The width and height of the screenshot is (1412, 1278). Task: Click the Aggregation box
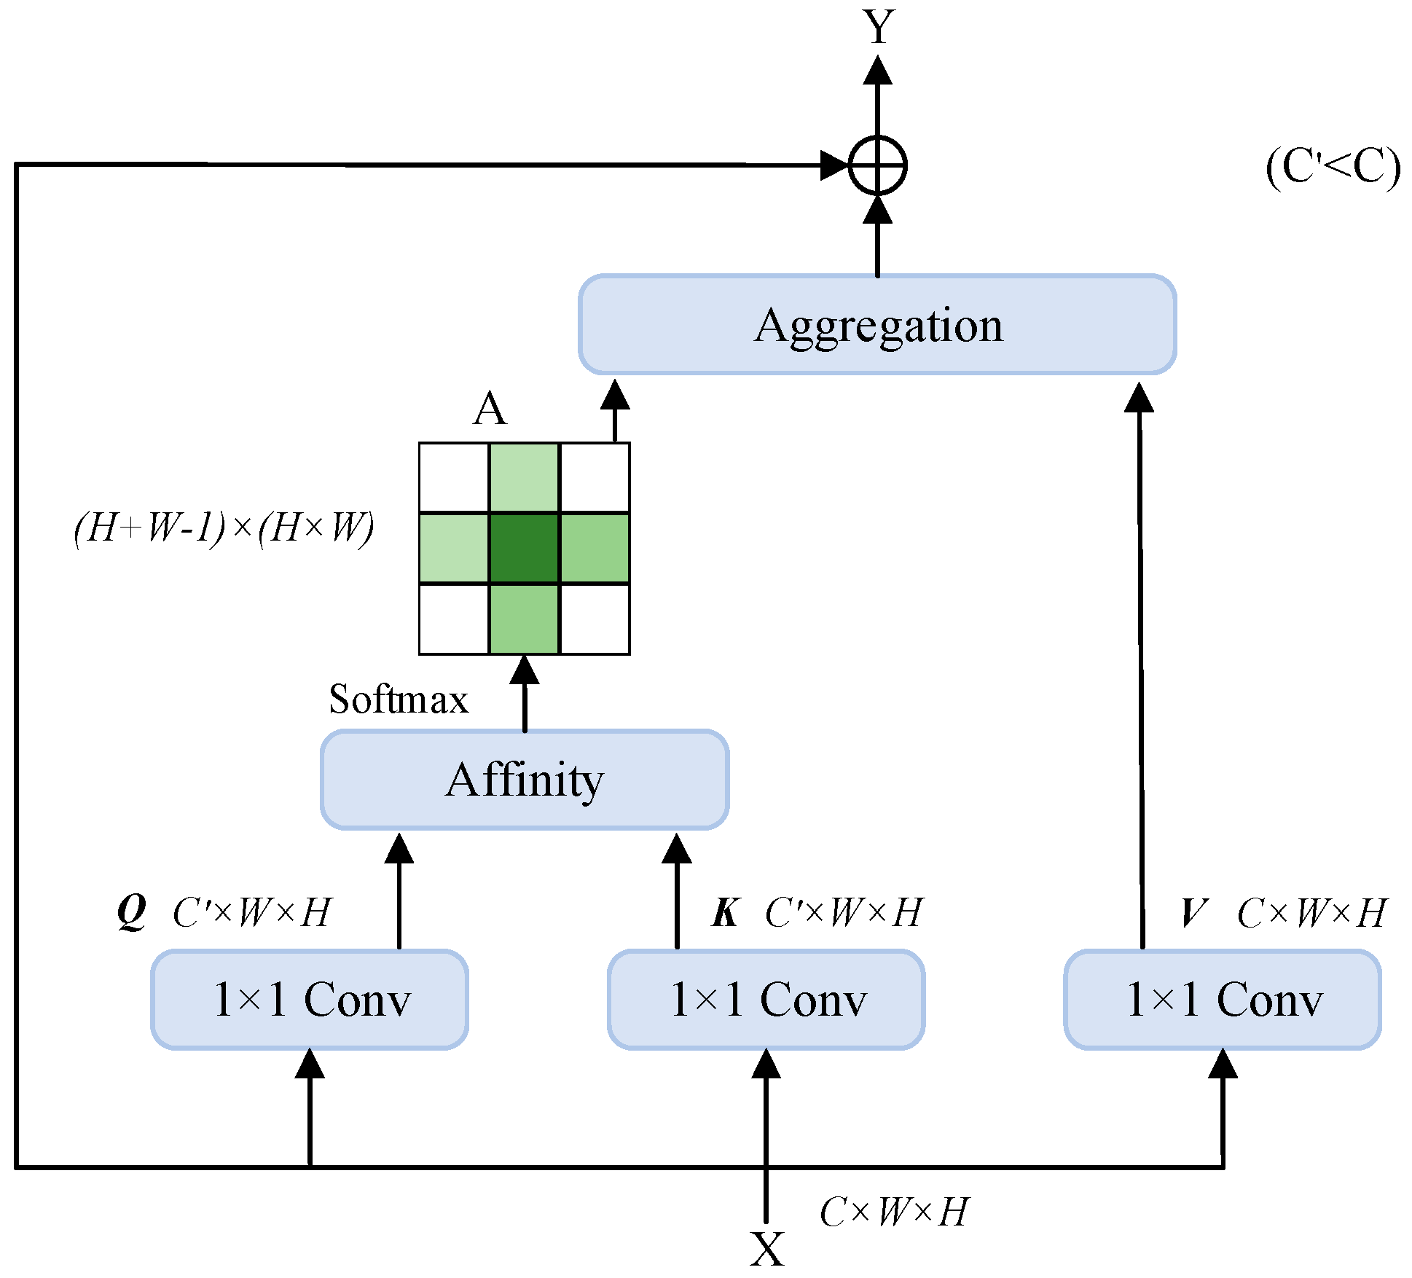click(x=877, y=325)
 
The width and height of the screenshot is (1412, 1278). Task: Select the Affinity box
click(x=525, y=780)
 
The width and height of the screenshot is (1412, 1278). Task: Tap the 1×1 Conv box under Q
click(x=310, y=999)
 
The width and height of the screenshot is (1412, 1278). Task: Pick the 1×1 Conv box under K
click(x=766, y=999)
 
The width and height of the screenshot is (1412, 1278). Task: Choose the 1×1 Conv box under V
click(x=1223, y=999)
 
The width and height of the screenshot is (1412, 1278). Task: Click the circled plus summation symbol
click(x=877, y=165)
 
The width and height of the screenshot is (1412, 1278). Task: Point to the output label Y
click(x=879, y=28)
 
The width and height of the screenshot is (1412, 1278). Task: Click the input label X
click(x=767, y=1249)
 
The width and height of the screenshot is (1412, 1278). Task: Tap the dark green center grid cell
click(x=524, y=548)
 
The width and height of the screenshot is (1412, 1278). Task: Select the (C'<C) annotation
click(x=1333, y=167)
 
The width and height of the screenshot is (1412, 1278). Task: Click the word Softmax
click(x=399, y=699)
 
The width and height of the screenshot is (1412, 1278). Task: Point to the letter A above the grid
click(x=489, y=409)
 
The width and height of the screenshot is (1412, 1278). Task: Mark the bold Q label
click(x=132, y=912)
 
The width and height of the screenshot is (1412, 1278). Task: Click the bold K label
click(x=726, y=912)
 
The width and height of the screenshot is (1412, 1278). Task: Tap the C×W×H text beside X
click(x=894, y=1212)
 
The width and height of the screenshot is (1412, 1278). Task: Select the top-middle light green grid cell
click(x=524, y=478)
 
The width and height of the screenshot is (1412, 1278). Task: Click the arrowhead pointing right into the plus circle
click(x=834, y=165)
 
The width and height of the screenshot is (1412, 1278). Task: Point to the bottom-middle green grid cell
click(x=524, y=619)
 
